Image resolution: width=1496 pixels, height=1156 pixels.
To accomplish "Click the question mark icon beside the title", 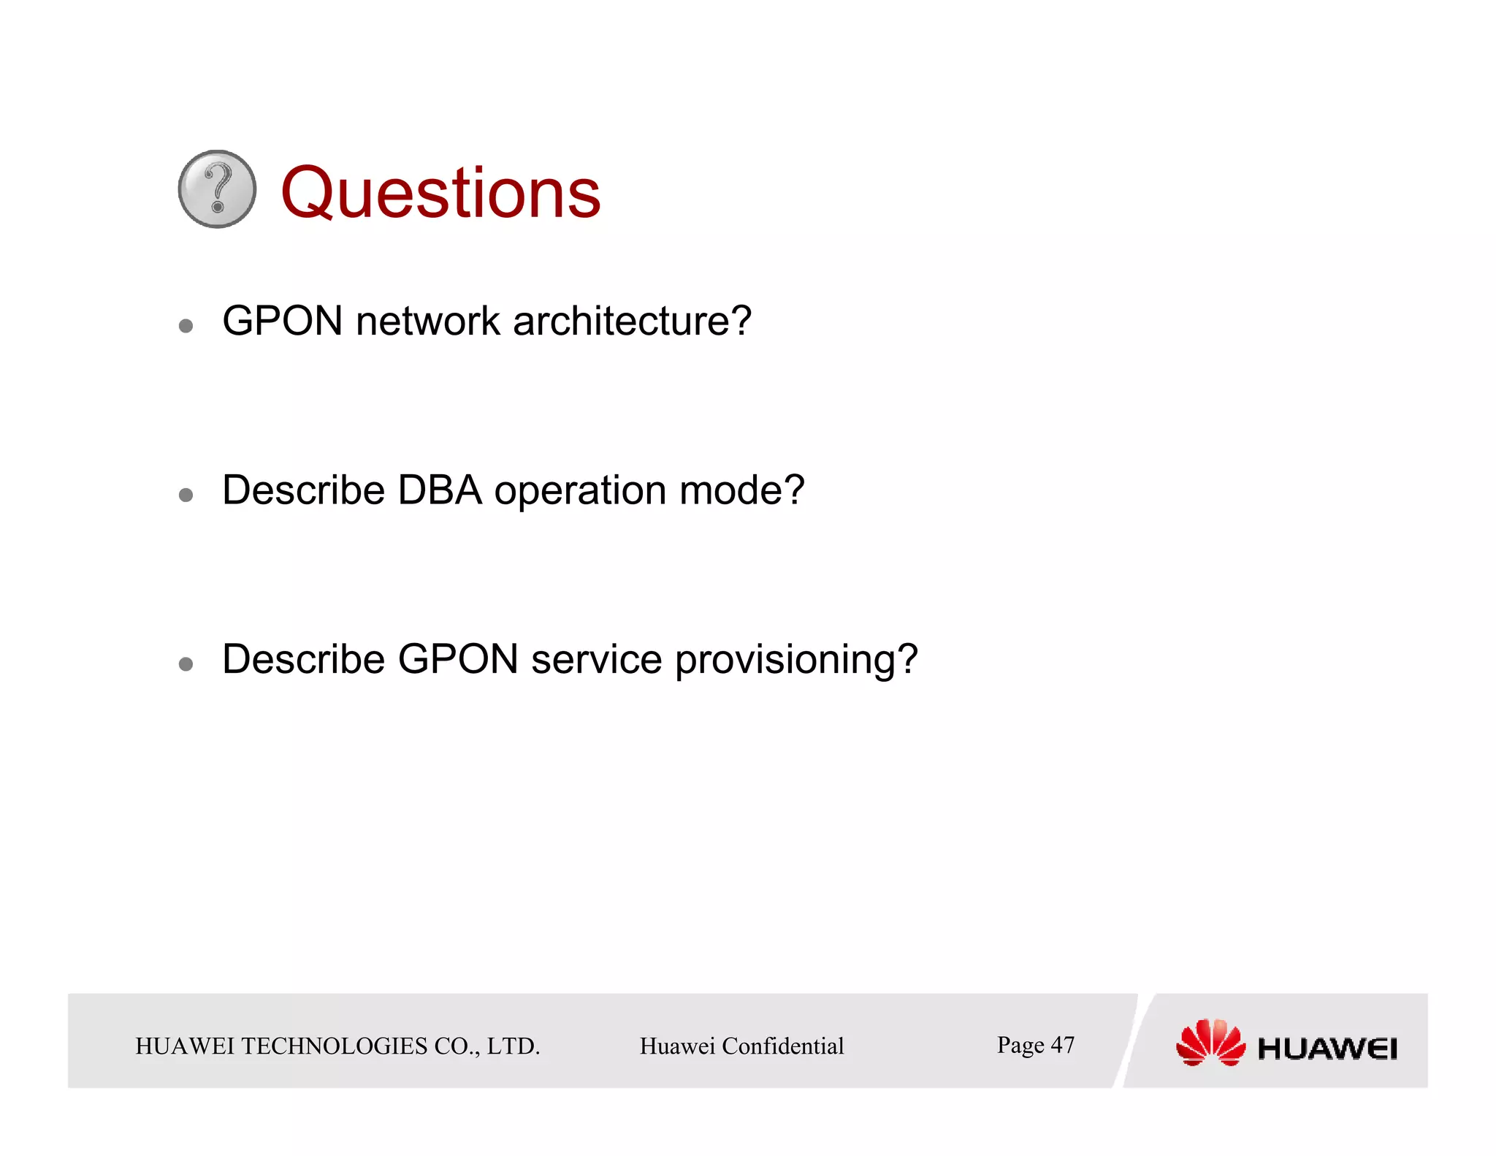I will (x=217, y=189).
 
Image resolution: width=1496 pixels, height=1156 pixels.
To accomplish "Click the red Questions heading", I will (x=440, y=193).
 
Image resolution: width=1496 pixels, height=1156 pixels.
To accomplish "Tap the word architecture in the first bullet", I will (x=632, y=322).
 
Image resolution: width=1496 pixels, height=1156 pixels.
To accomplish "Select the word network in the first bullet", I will (x=427, y=322).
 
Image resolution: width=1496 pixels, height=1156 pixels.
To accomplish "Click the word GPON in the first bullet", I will (x=283, y=322).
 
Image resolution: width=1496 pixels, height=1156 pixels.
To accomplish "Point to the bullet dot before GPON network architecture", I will (x=186, y=326).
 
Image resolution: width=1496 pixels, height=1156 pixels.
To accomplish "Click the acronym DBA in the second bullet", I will (x=439, y=490).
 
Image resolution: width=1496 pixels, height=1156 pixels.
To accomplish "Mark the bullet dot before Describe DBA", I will (x=186, y=495).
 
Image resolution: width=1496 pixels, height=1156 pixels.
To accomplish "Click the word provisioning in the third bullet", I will (x=795, y=661).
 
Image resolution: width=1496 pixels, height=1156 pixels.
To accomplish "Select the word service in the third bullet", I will (x=596, y=660).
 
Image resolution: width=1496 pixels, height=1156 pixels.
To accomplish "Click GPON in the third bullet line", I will (x=458, y=660).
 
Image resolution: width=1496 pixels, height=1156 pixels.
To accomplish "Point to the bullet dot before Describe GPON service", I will (x=186, y=664).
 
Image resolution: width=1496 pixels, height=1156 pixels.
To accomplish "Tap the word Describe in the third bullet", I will (x=303, y=660).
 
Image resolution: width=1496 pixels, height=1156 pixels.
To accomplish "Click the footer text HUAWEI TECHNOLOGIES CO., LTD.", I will (x=337, y=1046).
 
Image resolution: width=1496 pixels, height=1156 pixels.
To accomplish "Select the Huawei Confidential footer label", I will (x=741, y=1046).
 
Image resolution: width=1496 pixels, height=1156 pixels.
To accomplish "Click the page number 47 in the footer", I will (x=1062, y=1045).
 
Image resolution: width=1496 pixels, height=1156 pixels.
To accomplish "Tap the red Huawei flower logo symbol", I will (x=1210, y=1043).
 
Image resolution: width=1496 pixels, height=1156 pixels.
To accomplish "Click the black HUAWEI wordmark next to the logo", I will (x=1327, y=1049).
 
